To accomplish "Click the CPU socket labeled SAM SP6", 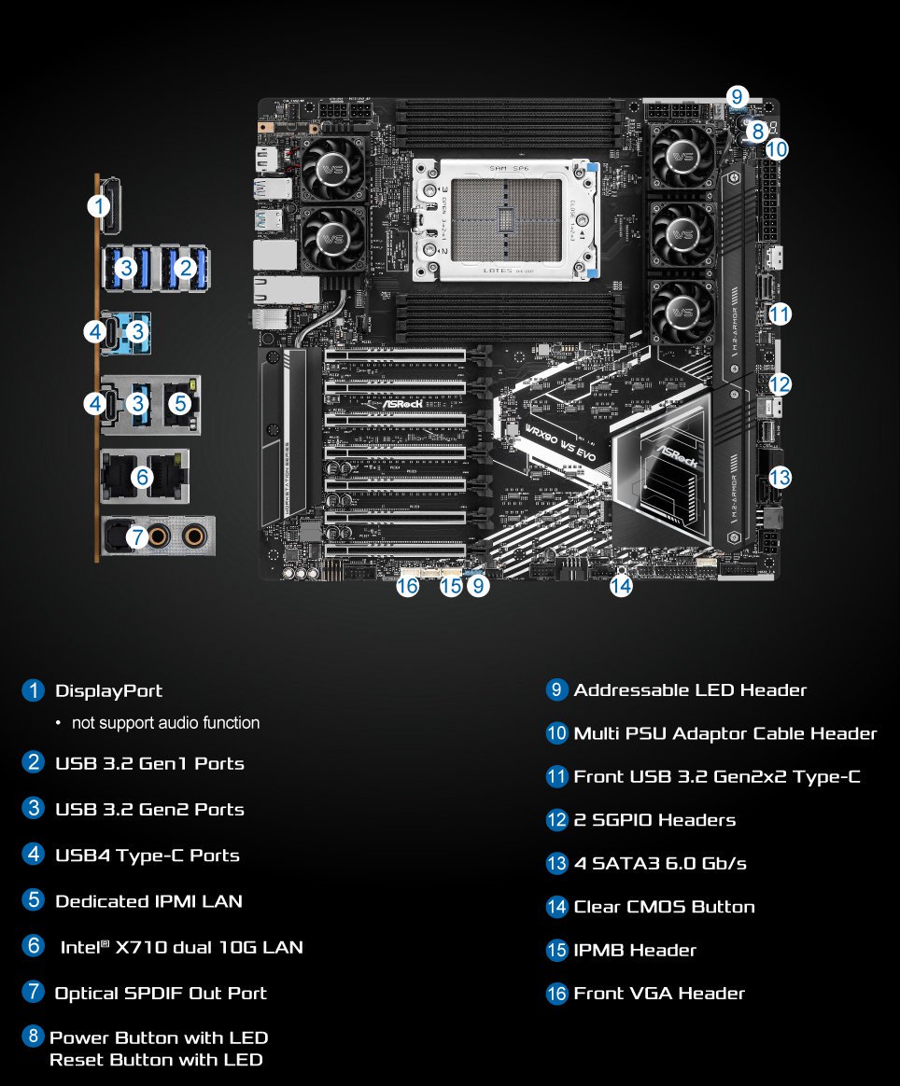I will pyautogui.click(x=505, y=220).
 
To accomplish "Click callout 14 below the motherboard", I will pyautogui.click(x=621, y=586).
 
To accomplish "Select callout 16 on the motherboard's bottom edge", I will pyautogui.click(x=407, y=586).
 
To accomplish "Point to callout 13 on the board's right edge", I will pyautogui.click(x=780, y=478).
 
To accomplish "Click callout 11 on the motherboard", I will pyautogui.click(x=780, y=314).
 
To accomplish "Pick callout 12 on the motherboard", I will pyautogui.click(x=780, y=383).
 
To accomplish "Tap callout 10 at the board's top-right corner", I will pyautogui.click(x=777, y=148).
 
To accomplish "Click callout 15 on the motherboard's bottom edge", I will pyautogui.click(x=451, y=586).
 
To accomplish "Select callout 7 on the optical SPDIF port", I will pyautogui.click(x=137, y=537).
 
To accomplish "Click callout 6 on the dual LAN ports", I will pyautogui.click(x=142, y=477).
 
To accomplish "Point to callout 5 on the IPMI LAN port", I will pyautogui.click(x=181, y=403).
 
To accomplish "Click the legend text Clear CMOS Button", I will pyautogui.click(x=664, y=907).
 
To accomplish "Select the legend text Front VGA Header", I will pyautogui.click(x=659, y=994).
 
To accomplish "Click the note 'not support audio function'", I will pyautogui.click(x=165, y=723).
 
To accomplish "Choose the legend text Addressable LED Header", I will pyautogui.click(x=690, y=690).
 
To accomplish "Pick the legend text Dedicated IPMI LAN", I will pyautogui.click(x=148, y=901).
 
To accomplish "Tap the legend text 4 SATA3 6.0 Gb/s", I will pyautogui.click(x=660, y=864).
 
